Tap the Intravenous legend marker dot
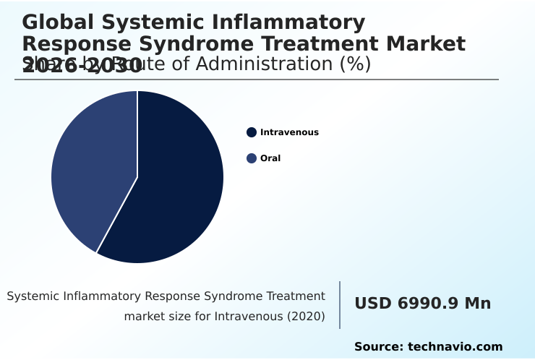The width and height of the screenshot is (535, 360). tap(252, 132)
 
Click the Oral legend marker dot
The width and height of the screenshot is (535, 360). tap(252, 158)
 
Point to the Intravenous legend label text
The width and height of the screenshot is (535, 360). tap(289, 132)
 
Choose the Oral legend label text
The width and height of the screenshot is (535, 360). tap(270, 158)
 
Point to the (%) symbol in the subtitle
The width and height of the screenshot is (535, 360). tap(355, 64)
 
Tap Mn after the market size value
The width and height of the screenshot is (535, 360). tap(477, 304)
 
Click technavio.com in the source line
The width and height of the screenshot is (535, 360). tap(455, 347)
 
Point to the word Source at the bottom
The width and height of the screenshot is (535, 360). tap(378, 347)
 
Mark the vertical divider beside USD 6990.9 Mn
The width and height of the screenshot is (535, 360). tap(340, 305)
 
